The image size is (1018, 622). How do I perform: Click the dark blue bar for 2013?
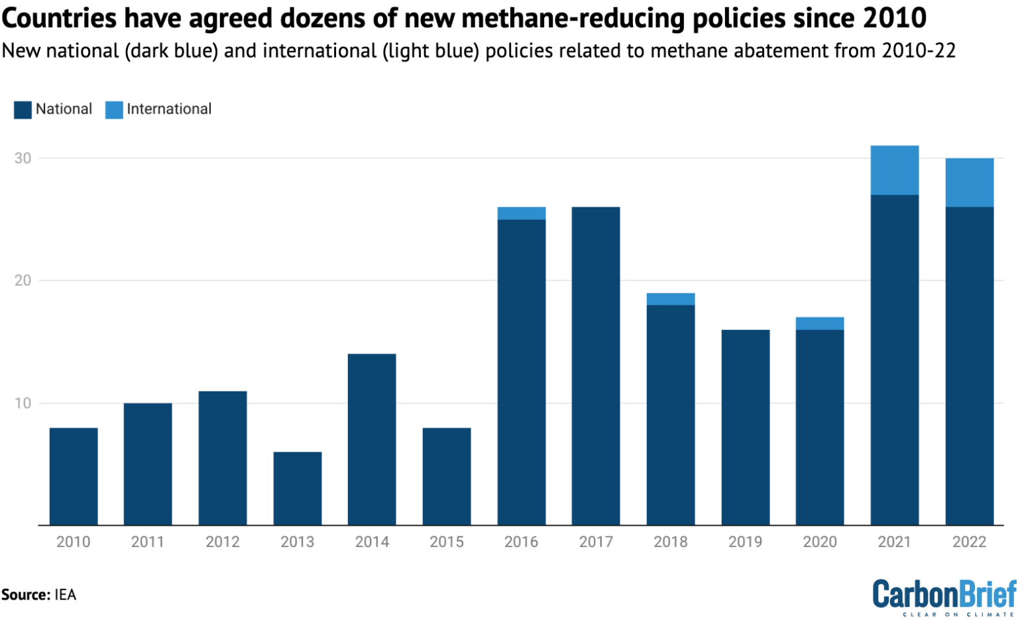tap(298, 488)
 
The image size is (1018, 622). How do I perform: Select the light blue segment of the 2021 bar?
tap(894, 170)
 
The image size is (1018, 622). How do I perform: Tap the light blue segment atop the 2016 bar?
tap(522, 213)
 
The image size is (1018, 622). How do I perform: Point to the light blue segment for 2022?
tap(969, 183)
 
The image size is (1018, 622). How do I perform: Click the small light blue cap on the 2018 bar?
tap(671, 299)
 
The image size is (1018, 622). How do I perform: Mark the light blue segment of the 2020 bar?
tap(820, 324)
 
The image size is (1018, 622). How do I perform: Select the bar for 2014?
tap(372, 439)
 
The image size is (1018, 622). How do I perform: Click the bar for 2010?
tap(74, 476)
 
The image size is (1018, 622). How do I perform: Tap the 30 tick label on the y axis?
tap(23, 158)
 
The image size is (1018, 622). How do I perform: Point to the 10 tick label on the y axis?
tap(23, 403)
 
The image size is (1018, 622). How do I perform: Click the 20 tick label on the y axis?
tap(23, 281)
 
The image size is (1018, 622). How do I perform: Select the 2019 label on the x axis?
tap(745, 542)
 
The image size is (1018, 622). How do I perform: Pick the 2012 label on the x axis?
tap(223, 542)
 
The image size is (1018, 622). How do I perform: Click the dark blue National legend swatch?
tap(23, 110)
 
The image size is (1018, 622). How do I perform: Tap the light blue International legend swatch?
tap(114, 110)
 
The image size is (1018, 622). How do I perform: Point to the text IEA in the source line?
tap(65, 595)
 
